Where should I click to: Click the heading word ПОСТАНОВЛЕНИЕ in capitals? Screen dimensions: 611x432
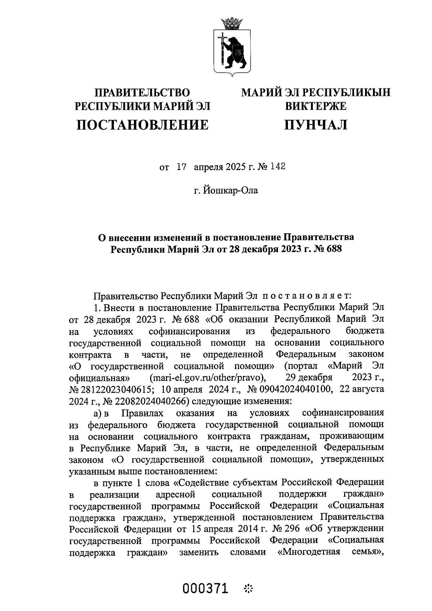point(142,125)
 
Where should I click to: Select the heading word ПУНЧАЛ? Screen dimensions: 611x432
point(316,125)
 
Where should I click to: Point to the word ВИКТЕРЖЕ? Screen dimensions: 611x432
point(316,106)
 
